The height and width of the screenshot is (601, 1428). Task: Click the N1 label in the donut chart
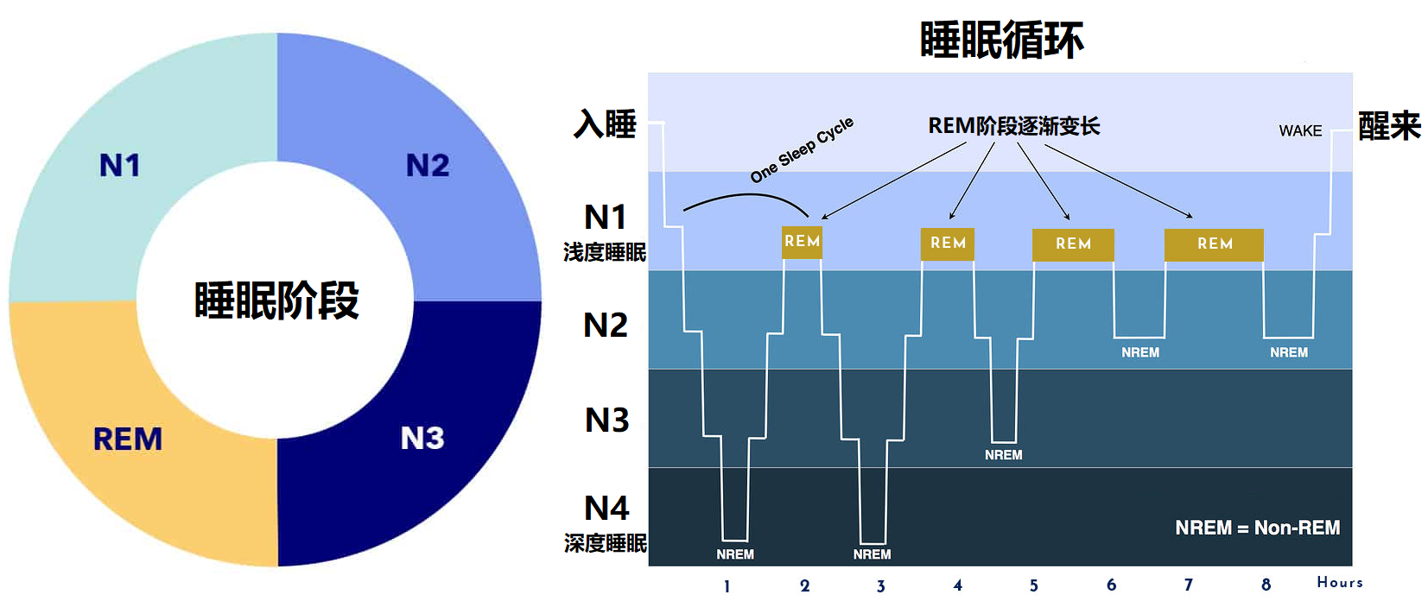point(119,165)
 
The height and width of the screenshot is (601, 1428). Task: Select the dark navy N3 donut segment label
point(422,438)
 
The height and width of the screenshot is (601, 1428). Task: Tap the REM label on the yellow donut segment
point(128,439)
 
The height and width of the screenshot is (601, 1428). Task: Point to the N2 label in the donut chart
point(428,165)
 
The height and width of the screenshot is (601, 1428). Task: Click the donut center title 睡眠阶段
point(276,300)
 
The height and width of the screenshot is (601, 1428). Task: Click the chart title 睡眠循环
point(1001,40)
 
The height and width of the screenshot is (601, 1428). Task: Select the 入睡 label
point(606,124)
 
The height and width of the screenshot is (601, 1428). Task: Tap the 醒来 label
point(1389,126)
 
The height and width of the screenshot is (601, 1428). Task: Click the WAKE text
point(1300,130)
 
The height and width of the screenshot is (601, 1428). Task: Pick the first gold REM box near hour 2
point(802,242)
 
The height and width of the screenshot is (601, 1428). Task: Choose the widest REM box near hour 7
point(1214,244)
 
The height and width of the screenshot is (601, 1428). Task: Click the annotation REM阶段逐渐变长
point(1013,126)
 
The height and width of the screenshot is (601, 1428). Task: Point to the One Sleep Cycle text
point(802,149)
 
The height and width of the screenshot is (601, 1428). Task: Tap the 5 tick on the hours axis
point(1034,585)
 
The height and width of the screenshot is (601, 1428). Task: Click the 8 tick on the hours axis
point(1266,585)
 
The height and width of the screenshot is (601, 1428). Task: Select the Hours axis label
point(1339,582)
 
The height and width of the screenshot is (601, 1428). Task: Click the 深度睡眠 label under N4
point(605,543)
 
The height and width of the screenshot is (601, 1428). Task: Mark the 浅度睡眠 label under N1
point(605,252)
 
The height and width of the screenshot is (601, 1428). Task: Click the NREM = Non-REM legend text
point(1257,528)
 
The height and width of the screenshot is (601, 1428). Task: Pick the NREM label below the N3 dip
point(1003,455)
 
